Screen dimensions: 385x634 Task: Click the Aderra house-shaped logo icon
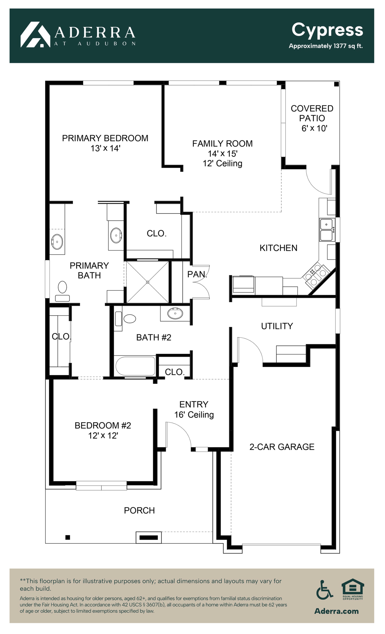point(35,34)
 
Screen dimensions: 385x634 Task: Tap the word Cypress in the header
point(327,31)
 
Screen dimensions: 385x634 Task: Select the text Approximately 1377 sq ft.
point(326,46)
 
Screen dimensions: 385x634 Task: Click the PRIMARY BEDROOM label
point(105,138)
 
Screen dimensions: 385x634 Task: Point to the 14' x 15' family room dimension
point(223,154)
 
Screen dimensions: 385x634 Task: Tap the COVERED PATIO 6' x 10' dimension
point(314,128)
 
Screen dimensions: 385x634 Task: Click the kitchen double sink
point(327,229)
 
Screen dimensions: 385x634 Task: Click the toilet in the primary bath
point(62,291)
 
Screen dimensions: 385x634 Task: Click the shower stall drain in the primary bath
point(147,282)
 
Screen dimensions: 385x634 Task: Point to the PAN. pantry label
point(197,274)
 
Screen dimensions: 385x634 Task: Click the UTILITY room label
point(277,326)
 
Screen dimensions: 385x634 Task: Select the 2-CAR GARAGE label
point(282,447)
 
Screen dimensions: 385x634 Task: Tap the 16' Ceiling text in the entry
point(194,415)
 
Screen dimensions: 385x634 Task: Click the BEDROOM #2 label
point(103,425)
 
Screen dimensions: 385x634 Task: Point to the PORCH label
point(139,510)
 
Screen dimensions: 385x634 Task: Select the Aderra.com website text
point(336,611)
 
